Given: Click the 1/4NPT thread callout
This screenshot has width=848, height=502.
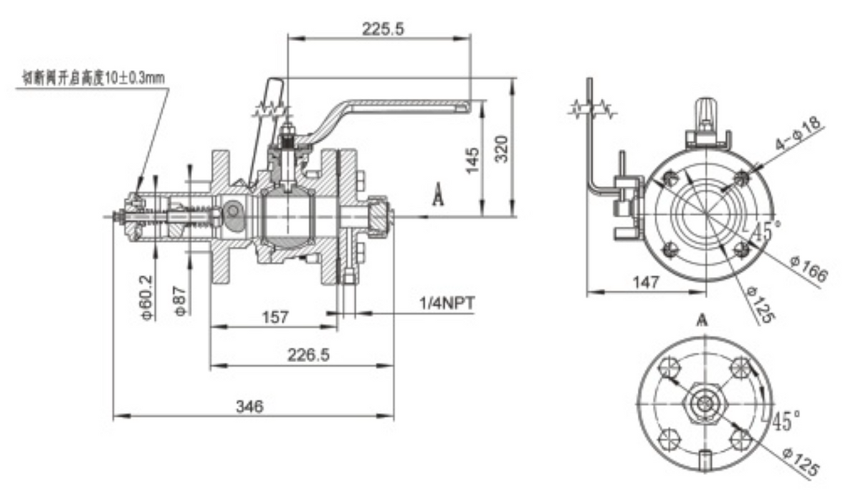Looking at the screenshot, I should tap(447, 303).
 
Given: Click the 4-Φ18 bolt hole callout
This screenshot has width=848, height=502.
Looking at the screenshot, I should tap(798, 134).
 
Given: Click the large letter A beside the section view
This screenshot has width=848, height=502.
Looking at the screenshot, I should tap(439, 196).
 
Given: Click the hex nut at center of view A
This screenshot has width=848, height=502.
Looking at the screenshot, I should tap(707, 404).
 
